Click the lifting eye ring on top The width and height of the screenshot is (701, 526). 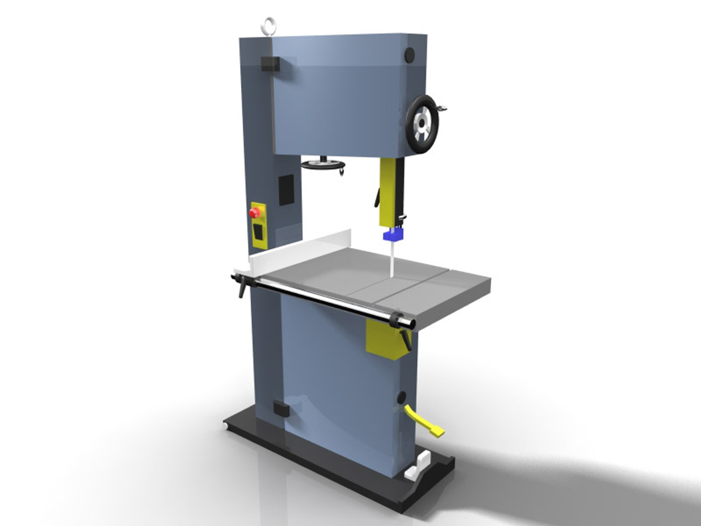(270, 25)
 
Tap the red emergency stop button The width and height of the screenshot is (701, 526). (254, 213)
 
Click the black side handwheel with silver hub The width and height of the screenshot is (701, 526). (422, 124)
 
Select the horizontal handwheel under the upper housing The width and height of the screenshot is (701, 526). (323, 165)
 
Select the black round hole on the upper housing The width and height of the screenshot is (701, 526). (409, 55)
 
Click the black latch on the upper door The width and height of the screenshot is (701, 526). (270, 64)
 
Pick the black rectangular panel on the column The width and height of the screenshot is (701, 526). (286, 189)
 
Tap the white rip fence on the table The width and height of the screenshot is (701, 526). (302, 250)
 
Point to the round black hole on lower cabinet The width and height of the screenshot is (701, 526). (401, 398)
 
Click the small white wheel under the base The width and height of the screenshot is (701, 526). (226, 427)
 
